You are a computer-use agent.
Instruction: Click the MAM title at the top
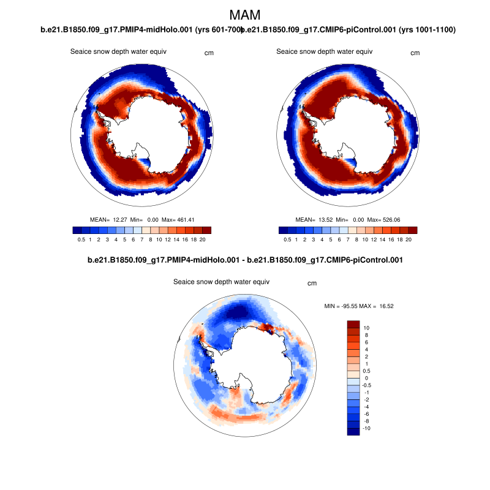tap(245, 15)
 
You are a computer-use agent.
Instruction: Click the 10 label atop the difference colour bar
tap(366, 328)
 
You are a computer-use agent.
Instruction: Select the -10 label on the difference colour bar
tap(367, 429)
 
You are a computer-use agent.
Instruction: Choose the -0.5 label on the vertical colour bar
tap(367, 385)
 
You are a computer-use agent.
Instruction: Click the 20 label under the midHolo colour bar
tap(202, 241)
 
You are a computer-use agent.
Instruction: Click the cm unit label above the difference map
tap(312, 283)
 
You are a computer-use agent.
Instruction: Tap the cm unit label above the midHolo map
tap(209, 53)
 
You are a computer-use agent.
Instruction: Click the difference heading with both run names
tap(245, 260)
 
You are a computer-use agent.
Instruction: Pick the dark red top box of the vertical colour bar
tap(353, 324)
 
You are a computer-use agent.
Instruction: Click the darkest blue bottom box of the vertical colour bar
tap(353, 432)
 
